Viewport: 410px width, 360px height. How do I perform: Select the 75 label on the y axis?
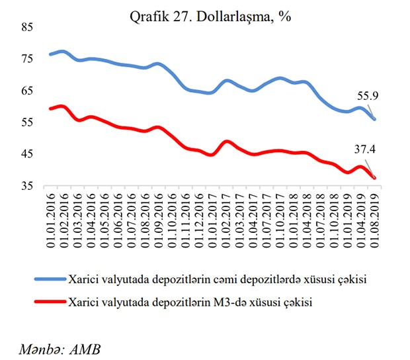point(28,60)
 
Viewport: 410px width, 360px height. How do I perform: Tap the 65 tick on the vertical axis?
point(28,91)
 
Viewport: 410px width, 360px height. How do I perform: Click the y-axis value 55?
point(28,123)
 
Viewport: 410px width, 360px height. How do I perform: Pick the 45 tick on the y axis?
point(28,155)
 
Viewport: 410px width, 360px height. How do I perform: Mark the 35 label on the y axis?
point(28,187)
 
